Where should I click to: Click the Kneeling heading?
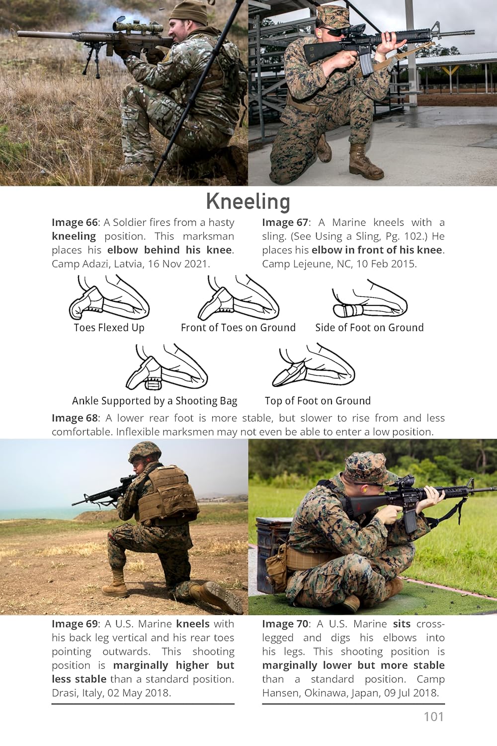click(248, 202)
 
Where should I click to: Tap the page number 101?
click(434, 717)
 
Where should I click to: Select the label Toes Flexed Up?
click(109, 328)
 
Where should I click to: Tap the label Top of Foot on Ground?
click(318, 401)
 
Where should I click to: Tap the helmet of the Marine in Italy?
click(145, 453)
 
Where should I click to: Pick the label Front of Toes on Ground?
click(238, 328)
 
